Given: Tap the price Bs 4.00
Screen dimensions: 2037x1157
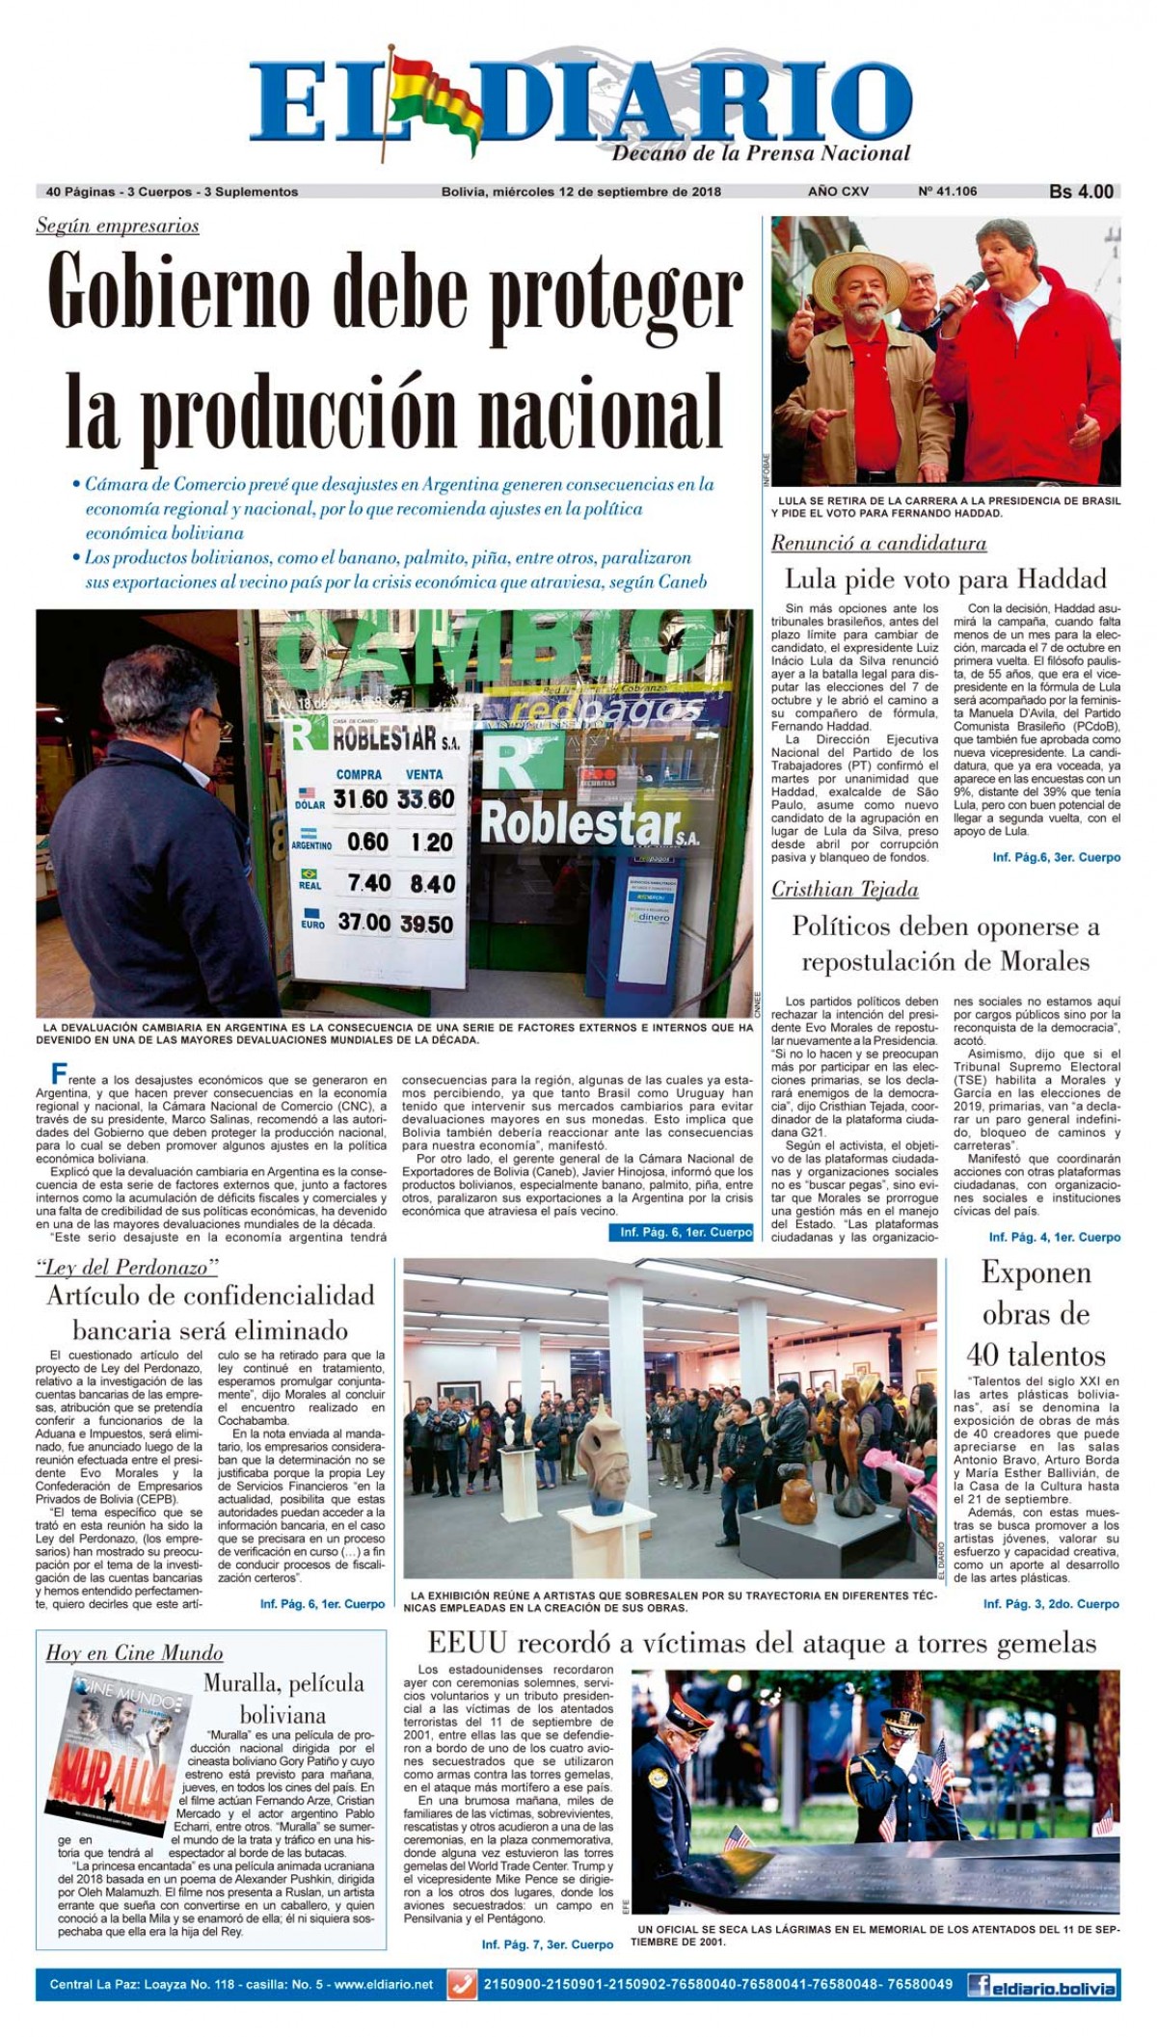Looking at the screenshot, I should pyautogui.click(x=1081, y=192).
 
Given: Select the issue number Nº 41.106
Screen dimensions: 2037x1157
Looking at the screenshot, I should pyautogui.click(x=947, y=192).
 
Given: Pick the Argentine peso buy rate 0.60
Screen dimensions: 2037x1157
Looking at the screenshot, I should pyautogui.click(x=366, y=842).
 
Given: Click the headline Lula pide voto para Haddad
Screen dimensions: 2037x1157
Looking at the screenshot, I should pyautogui.click(x=945, y=579).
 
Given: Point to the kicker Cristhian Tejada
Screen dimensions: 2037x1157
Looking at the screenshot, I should pyautogui.click(x=844, y=889).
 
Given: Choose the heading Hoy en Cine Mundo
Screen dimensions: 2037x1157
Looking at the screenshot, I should pyautogui.click(x=134, y=1653).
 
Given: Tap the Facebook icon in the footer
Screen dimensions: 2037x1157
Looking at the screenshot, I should pyautogui.click(x=982, y=1986).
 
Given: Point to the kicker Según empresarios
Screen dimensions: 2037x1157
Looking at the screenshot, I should pyautogui.click(x=118, y=227).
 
